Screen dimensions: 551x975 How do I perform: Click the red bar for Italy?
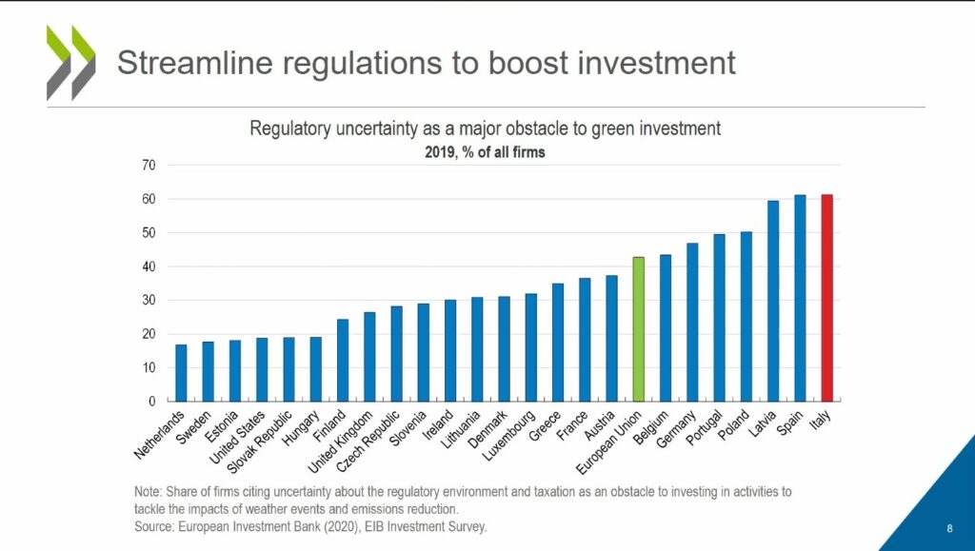(x=826, y=298)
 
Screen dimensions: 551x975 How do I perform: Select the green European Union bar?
(x=638, y=329)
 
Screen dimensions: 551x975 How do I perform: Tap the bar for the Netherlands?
(x=181, y=373)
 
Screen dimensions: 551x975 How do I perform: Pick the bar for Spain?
(x=800, y=298)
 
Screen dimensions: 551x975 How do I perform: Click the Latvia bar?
(x=773, y=301)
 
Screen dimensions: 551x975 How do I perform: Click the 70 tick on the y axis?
(x=148, y=166)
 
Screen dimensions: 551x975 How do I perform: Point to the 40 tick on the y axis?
(x=148, y=266)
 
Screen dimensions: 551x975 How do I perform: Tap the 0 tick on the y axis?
(x=151, y=402)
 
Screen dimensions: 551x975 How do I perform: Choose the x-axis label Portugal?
(x=702, y=427)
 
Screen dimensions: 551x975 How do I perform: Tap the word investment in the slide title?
(x=654, y=63)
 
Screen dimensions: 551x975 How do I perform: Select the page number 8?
(x=949, y=529)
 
